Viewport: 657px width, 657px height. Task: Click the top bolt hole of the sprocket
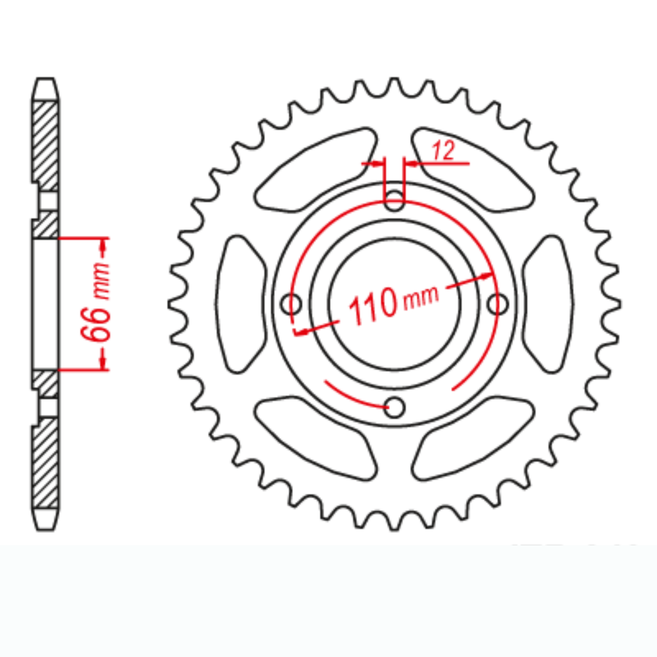[394, 199]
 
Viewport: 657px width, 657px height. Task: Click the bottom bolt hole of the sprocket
[394, 407]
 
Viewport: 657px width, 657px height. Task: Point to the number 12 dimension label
[443, 151]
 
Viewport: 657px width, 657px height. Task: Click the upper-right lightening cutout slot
[472, 170]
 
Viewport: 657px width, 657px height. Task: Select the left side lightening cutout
[241, 303]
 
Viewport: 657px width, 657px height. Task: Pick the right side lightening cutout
[547, 303]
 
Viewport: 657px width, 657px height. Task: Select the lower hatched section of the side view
[45, 465]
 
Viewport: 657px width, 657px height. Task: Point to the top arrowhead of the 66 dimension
[103, 246]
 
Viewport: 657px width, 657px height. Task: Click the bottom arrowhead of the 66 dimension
[103, 361]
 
